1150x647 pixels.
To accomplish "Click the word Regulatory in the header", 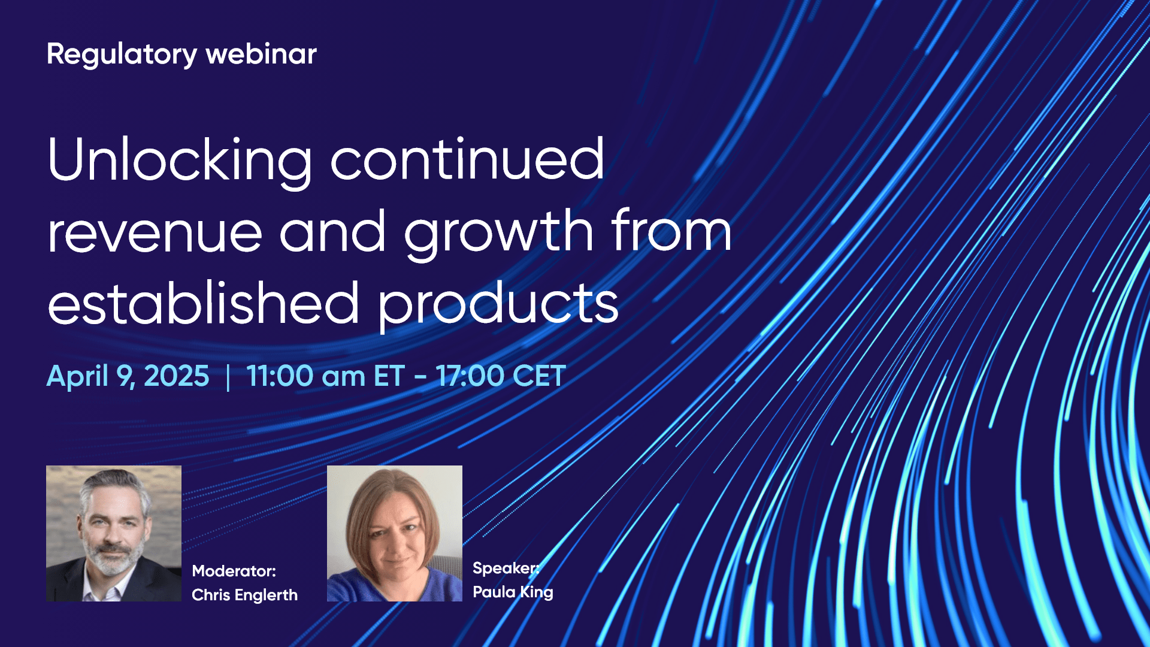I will pos(122,55).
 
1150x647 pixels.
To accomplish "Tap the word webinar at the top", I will pos(261,55).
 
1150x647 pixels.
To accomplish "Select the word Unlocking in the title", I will pos(180,161).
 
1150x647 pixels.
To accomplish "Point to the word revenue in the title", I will pos(155,232).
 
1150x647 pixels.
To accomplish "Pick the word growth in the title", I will pos(498,232).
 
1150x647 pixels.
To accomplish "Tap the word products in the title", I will pos(498,304).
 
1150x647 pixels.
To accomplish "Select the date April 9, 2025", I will pos(128,376).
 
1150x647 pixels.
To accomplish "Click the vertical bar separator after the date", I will pos(228,377).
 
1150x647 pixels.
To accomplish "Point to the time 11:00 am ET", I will pos(325,376).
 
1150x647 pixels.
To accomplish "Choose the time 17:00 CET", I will pos(501,376).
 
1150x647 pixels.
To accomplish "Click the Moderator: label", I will pos(234,571).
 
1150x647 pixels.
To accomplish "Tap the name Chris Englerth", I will pos(244,595).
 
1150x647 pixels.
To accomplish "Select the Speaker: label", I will pos(506,568).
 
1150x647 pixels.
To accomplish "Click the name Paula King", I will pos(513,592).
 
